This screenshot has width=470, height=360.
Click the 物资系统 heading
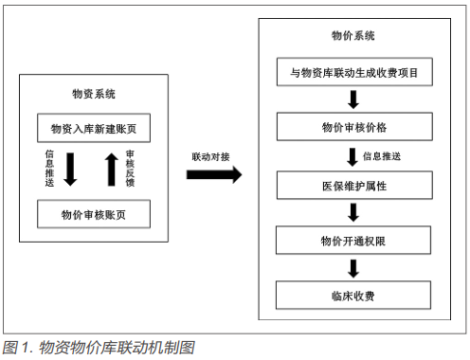click(95, 95)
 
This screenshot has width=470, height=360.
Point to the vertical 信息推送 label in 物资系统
click(49, 169)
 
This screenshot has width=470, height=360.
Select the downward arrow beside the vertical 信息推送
click(71, 169)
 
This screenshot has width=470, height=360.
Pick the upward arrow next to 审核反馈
click(110, 169)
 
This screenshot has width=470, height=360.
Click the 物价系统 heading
click(352, 36)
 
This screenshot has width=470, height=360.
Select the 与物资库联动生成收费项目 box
click(352, 71)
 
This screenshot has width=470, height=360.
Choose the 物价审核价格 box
click(352, 126)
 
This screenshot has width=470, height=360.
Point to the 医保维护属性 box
click(352, 183)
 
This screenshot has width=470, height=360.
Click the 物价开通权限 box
click(352, 240)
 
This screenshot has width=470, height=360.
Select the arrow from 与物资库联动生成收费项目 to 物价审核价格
click(352, 99)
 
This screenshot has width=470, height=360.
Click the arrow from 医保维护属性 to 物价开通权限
click(352, 211)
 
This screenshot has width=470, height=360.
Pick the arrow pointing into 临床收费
click(352, 268)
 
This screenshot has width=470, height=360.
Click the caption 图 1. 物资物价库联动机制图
click(99, 348)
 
